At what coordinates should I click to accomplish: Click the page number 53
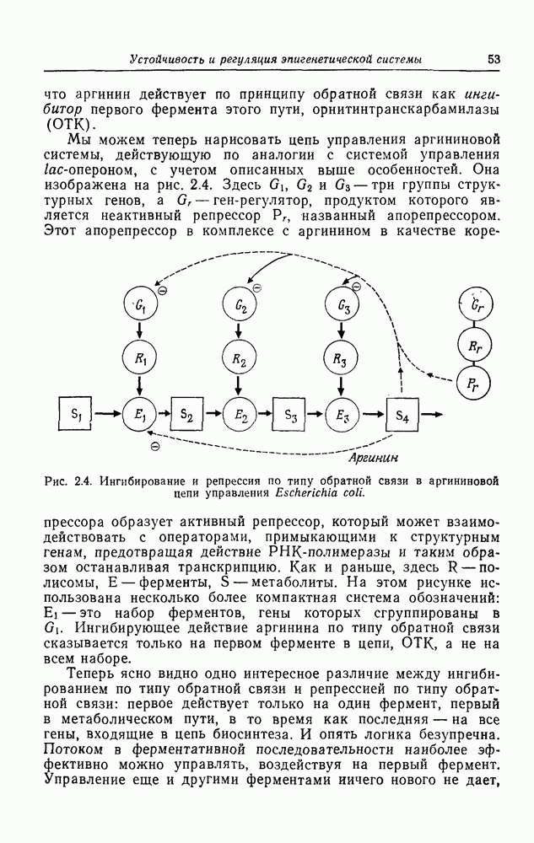click(x=494, y=59)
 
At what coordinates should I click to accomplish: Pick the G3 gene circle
click(x=341, y=305)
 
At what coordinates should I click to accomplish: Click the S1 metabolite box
click(x=75, y=413)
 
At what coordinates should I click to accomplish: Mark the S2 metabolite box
click(x=188, y=414)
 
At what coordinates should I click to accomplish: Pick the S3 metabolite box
click(x=291, y=414)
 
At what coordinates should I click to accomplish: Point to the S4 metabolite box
click(x=402, y=414)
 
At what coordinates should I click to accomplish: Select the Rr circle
click(x=474, y=345)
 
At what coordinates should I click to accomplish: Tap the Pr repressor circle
click(x=474, y=384)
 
